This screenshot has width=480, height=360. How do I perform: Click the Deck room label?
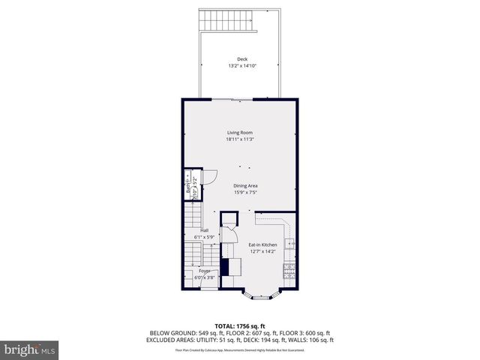[241, 59]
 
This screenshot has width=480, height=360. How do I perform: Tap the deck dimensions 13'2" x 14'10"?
[241, 66]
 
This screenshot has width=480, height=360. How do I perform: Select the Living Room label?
[240, 133]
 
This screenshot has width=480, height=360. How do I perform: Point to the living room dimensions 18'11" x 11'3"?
[240, 139]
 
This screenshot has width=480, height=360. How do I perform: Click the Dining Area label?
[245, 185]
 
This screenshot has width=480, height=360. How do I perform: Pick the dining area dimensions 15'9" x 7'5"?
[245, 192]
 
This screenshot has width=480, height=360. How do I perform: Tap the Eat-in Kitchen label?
[262, 244]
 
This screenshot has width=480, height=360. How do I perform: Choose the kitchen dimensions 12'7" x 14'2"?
[262, 251]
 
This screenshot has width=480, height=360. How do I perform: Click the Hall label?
[204, 230]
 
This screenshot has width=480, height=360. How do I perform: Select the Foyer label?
[204, 270]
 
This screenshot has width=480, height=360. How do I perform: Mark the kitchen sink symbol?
[292, 244]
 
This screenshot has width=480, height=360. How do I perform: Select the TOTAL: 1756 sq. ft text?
[240, 325]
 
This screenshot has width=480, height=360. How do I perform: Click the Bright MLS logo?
[30, 349]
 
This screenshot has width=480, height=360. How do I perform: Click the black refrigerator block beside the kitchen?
[224, 267]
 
